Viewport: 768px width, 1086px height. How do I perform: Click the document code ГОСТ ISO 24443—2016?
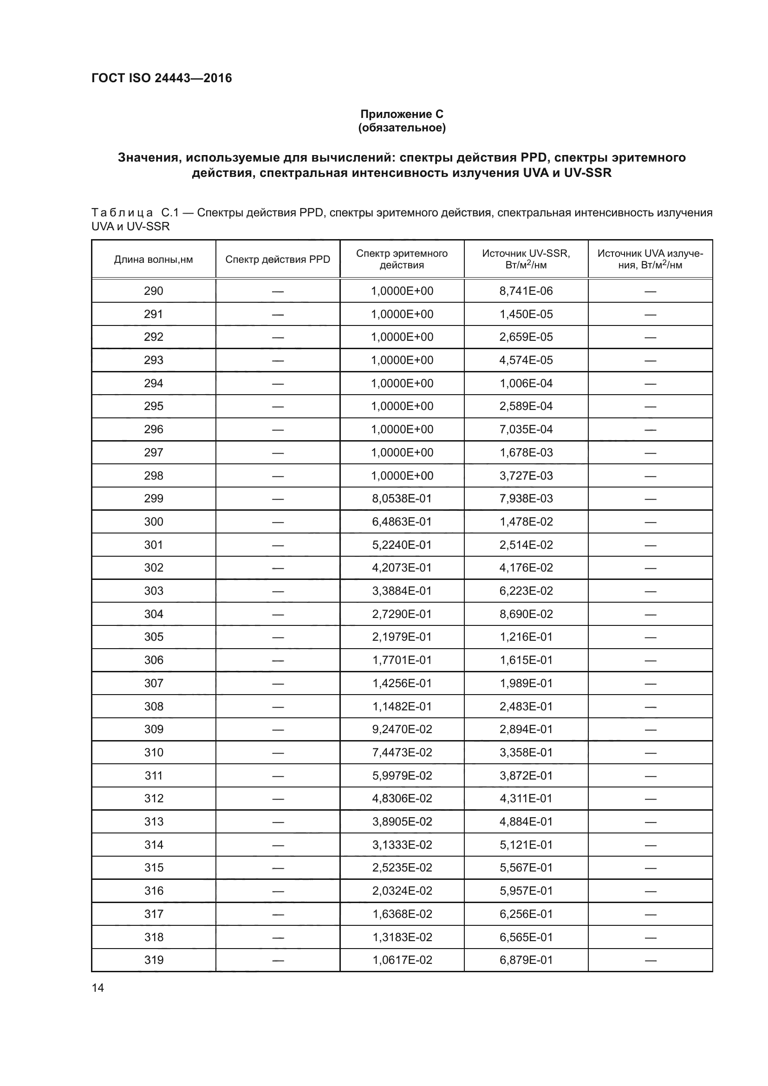pos(161,78)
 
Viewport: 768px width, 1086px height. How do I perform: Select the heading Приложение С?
pos(402,114)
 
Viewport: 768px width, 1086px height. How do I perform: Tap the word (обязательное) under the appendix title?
pos(402,128)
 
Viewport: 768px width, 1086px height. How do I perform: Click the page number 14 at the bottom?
pos(98,988)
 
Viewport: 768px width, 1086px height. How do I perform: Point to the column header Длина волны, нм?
pos(153,259)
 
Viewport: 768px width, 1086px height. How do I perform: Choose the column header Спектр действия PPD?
pos(278,259)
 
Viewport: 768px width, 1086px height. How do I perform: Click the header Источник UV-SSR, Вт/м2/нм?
pos(526,259)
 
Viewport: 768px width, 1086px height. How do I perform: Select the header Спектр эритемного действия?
pos(402,259)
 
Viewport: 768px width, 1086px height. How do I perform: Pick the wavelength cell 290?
pos(153,291)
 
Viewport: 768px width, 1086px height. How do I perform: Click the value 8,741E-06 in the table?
pos(526,291)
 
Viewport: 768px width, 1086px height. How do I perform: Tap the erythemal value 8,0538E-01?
pos(402,499)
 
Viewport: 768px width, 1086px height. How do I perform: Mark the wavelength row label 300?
pos(153,522)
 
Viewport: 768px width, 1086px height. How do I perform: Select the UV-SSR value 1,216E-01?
pos(526,637)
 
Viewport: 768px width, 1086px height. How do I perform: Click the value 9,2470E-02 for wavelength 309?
pos(402,729)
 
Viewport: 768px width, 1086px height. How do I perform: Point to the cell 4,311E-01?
pos(526,799)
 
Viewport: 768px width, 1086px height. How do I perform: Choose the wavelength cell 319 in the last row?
pos(153,960)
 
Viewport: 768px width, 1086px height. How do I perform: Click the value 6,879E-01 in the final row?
pos(526,960)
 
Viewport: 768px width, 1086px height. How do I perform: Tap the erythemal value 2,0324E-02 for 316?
pos(402,891)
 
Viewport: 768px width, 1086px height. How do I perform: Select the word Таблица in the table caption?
pos(122,213)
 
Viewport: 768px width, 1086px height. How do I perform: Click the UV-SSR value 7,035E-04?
pos(526,429)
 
